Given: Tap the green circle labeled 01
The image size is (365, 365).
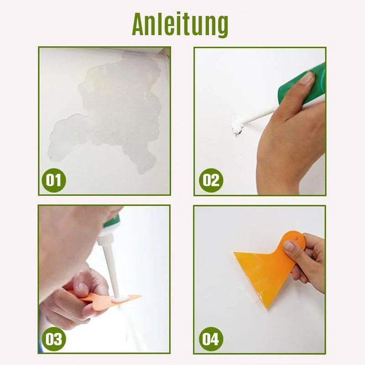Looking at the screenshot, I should coord(53,180).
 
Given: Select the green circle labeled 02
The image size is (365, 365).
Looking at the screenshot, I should coord(210,180).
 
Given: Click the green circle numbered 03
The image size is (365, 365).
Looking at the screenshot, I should coord(53,339).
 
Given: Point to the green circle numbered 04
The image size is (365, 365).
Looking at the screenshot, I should coord(210,339).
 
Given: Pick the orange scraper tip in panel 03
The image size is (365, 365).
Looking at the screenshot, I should coord(132,297).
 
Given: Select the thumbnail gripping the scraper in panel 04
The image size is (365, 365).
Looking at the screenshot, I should coord(289,247).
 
